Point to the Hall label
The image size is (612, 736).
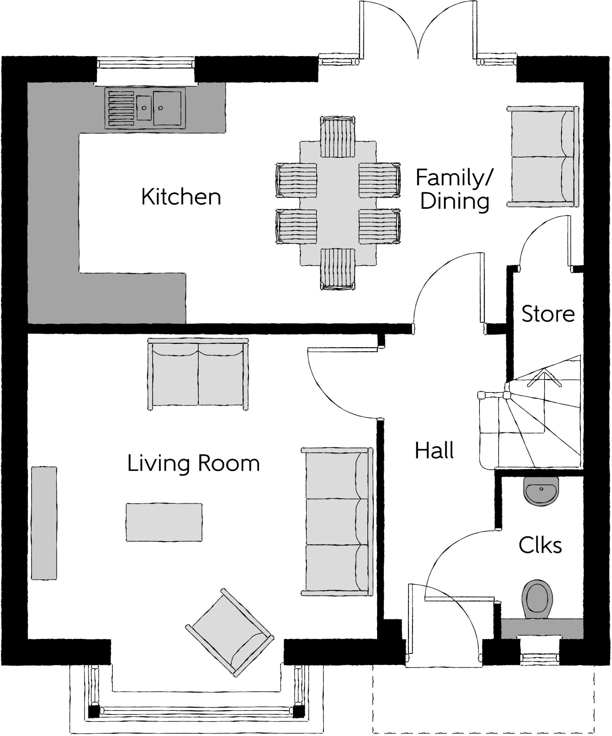pyautogui.click(x=434, y=451)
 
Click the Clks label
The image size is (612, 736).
pyautogui.click(x=540, y=545)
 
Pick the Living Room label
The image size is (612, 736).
pyautogui.click(x=193, y=463)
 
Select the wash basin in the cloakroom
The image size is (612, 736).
pyautogui.click(x=542, y=491)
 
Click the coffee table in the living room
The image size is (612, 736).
pyautogui.click(x=164, y=522)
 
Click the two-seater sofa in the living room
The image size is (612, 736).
pyautogui.click(x=198, y=374)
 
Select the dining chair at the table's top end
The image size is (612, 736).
pyautogui.click(x=338, y=137)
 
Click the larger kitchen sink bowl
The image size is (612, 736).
pyautogui.click(x=167, y=108)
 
